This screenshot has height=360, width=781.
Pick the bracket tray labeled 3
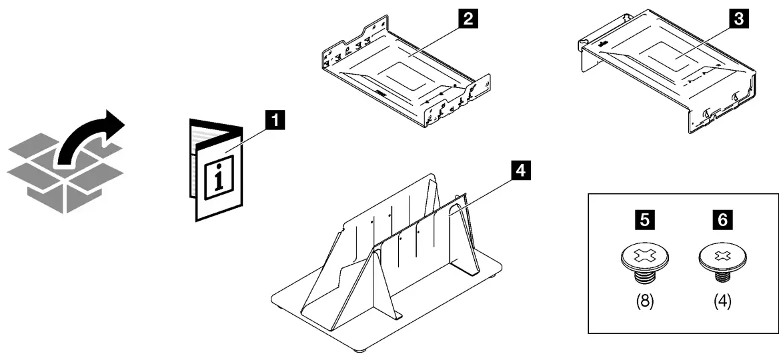click(667, 73)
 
